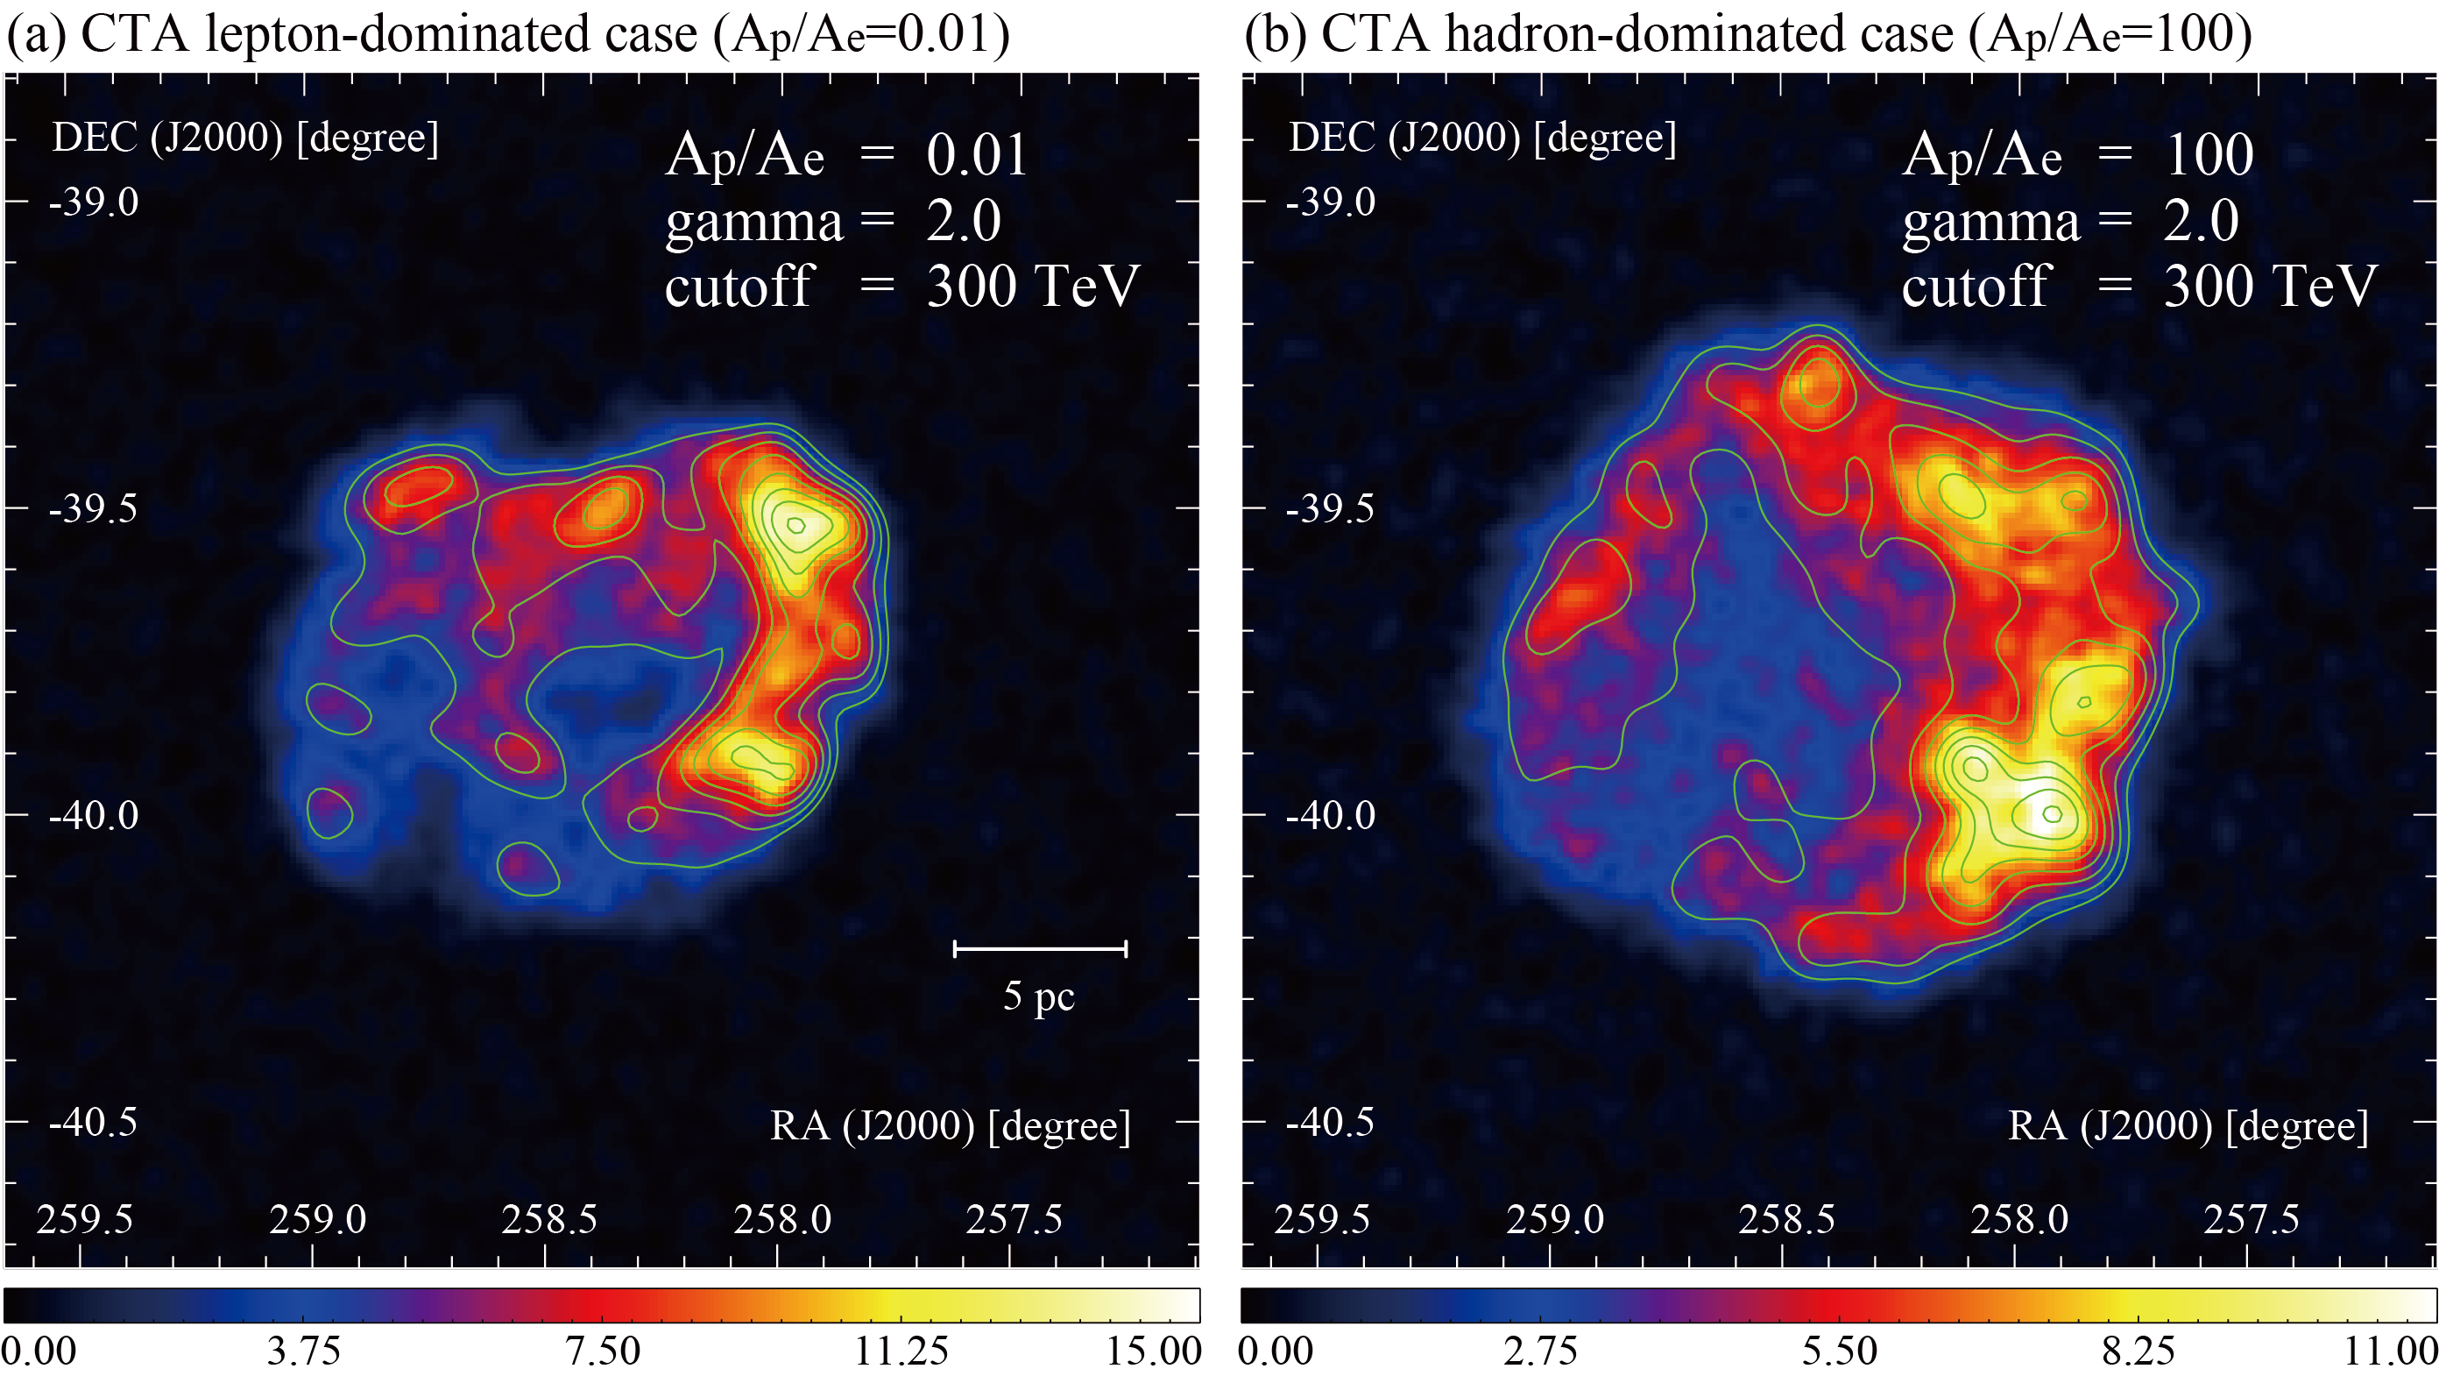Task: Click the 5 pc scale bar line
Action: click(x=1040, y=947)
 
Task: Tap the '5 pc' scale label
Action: click(x=1039, y=997)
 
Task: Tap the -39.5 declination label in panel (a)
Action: click(x=93, y=509)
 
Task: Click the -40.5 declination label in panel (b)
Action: click(x=1329, y=1123)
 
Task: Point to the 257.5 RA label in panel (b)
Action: click(x=2251, y=1219)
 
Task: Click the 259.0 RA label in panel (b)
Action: click(x=1554, y=1219)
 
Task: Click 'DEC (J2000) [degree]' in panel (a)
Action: click(x=245, y=138)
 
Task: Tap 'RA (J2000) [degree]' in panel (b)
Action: click(x=2187, y=1126)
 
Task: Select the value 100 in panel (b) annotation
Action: click(x=2209, y=155)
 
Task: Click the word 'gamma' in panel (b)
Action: click(x=1990, y=223)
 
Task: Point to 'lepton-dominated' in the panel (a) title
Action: click(x=451, y=34)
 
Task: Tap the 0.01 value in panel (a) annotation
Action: click(x=976, y=155)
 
